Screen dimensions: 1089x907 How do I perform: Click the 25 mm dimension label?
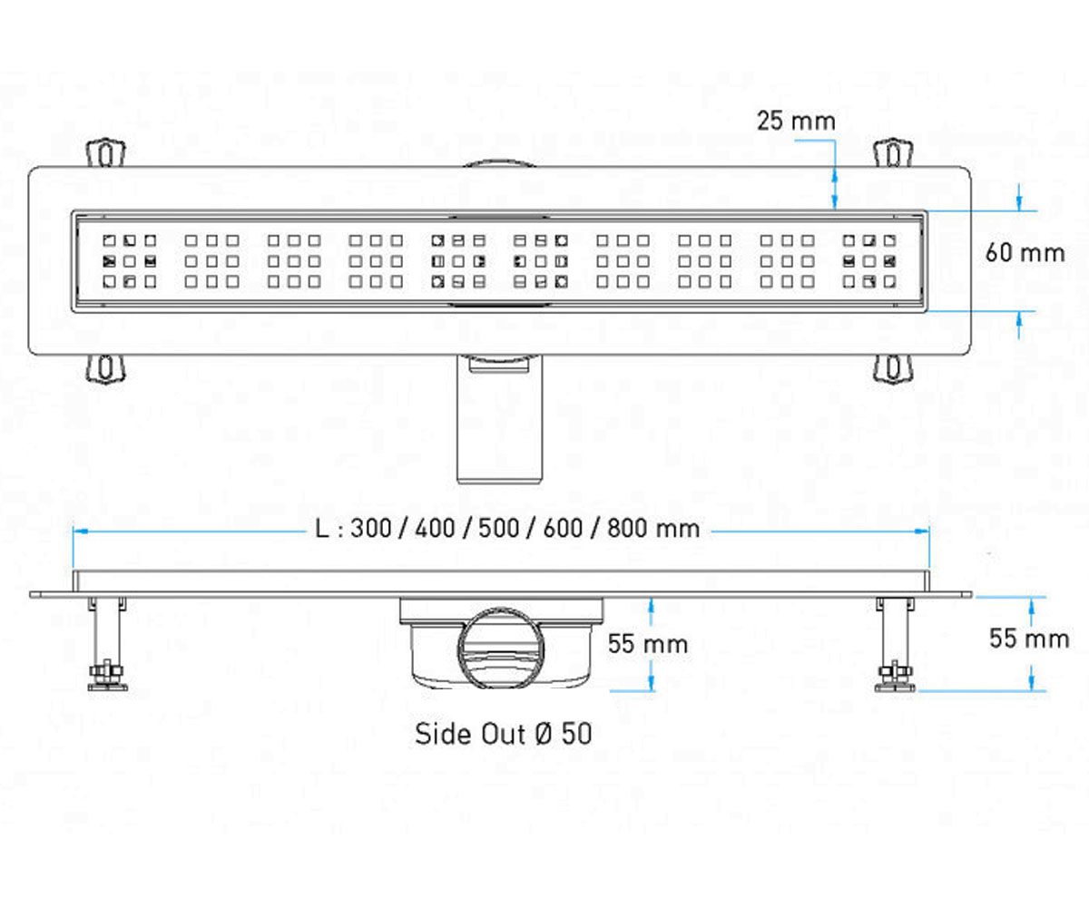tap(796, 121)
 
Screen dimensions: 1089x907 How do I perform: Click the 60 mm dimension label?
tap(1025, 253)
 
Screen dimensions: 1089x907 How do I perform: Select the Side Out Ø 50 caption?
tap(504, 734)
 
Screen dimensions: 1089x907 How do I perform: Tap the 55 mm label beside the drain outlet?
tap(648, 644)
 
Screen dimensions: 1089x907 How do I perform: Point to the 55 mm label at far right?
tap(1029, 639)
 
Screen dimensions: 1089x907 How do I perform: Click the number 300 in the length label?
tap(371, 529)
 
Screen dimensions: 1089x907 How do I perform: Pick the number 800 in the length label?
tap(627, 529)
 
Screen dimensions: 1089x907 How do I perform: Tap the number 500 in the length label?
tap(499, 529)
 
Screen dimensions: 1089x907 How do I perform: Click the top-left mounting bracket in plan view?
tap(106, 152)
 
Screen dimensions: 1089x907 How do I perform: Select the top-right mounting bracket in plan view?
tap(893, 152)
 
